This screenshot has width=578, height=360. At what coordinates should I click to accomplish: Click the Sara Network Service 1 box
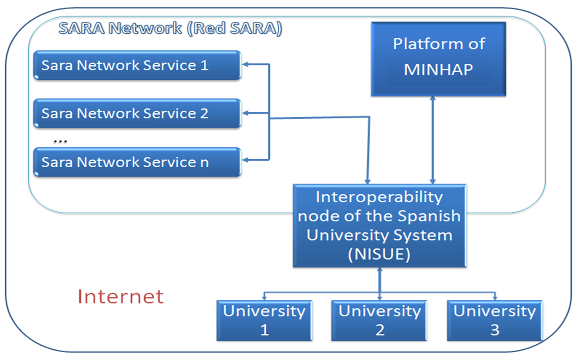pyautogui.click(x=137, y=65)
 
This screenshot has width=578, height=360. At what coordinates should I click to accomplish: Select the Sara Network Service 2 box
pyautogui.click(x=137, y=113)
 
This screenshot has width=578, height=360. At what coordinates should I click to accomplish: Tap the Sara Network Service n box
pyautogui.click(x=137, y=162)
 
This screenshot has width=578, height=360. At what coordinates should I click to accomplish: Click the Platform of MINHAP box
pyautogui.click(x=438, y=59)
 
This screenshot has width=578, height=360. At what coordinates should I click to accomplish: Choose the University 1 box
pyautogui.click(x=264, y=320)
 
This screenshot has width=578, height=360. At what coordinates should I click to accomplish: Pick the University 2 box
pyautogui.click(x=379, y=320)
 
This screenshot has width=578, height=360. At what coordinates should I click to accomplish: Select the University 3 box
pyautogui.click(x=495, y=320)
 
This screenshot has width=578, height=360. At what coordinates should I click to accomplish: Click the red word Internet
pyautogui.click(x=121, y=297)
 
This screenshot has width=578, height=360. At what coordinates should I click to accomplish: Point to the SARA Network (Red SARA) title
pyautogui.click(x=170, y=28)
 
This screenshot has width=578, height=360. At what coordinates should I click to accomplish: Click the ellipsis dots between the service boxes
pyautogui.click(x=60, y=141)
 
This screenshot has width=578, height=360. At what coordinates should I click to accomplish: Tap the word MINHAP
pyautogui.click(x=438, y=69)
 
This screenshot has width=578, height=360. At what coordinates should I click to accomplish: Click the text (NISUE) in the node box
pyautogui.click(x=379, y=254)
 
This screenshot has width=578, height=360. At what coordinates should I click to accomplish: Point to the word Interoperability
pyautogui.click(x=379, y=197)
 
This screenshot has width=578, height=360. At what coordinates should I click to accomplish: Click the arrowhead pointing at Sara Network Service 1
pyautogui.click(x=245, y=64)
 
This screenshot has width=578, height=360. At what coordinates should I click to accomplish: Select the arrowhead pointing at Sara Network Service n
pyautogui.click(x=245, y=160)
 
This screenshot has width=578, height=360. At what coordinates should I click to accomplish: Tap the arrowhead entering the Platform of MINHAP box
pyautogui.click(x=433, y=99)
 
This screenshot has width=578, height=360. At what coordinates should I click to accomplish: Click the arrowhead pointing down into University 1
pyautogui.click(x=264, y=298)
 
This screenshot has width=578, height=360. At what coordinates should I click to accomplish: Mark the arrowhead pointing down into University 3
pyautogui.click(x=495, y=298)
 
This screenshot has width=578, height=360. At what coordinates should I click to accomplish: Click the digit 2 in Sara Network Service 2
pyautogui.click(x=204, y=114)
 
